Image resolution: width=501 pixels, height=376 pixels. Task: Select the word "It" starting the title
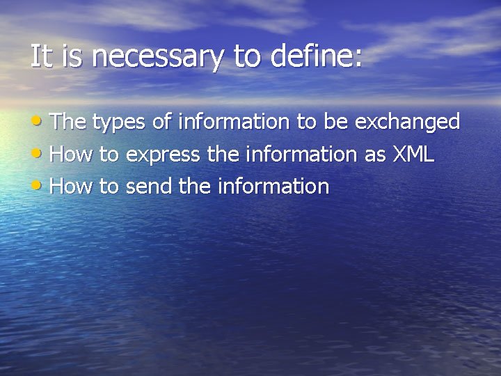pos(41,56)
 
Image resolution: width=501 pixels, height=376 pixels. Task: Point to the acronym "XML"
pos(413,154)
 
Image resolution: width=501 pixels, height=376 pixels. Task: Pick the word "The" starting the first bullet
pos(67,122)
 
